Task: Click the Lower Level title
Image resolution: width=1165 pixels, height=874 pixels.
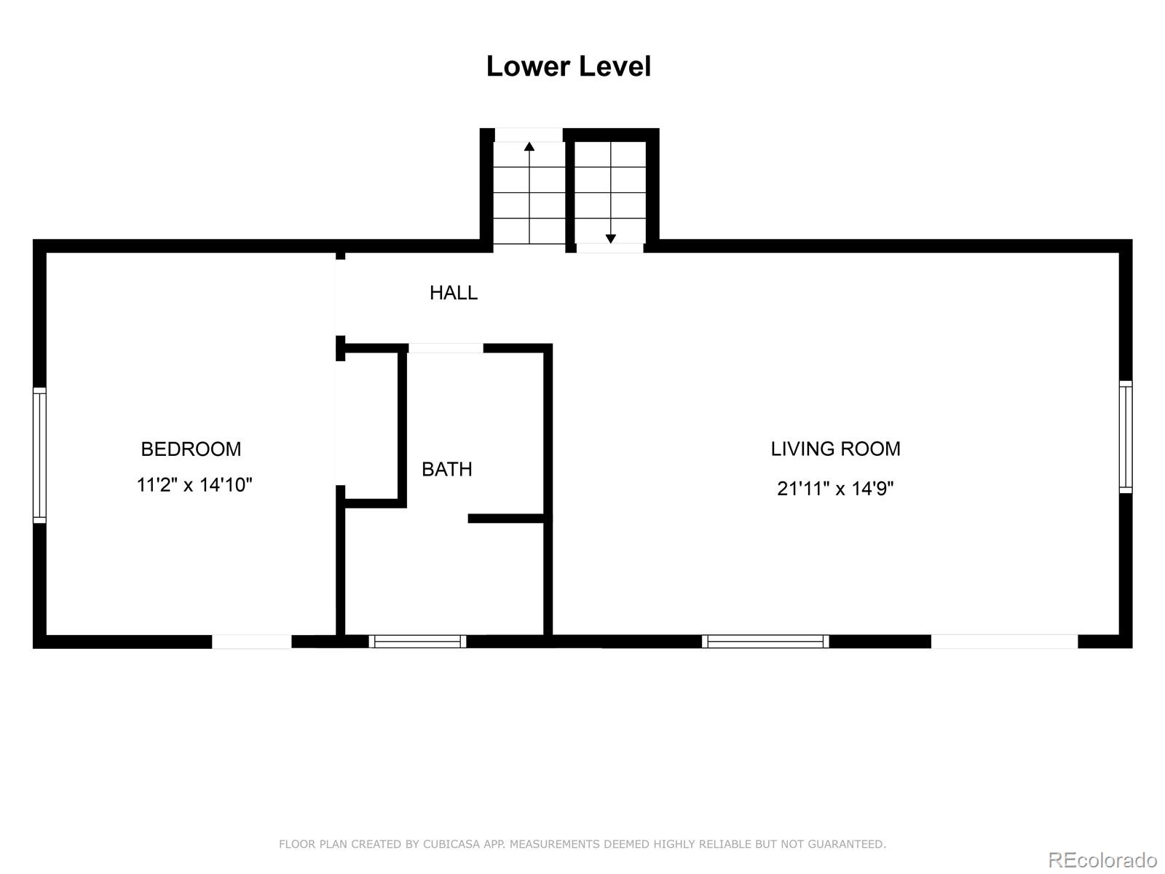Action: pyautogui.click(x=569, y=66)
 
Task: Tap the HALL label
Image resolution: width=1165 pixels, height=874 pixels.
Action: pyautogui.click(x=454, y=292)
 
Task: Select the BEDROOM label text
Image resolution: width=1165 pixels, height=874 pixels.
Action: pyautogui.click(x=191, y=449)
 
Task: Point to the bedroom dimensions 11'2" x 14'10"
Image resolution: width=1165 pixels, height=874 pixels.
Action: pyautogui.click(x=194, y=484)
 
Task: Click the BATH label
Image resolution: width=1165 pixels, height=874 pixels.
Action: pyautogui.click(x=447, y=469)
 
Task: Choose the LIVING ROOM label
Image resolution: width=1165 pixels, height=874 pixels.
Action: pyautogui.click(x=835, y=449)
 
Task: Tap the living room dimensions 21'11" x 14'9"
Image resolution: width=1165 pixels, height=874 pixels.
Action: pyautogui.click(x=835, y=488)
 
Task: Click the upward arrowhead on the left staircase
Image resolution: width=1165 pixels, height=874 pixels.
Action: pyautogui.click(x=529, y=146)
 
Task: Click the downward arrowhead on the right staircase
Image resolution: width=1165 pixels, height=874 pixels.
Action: pyautogui.click(x=611, y=239)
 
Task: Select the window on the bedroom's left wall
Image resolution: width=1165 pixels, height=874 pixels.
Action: pyautogui.click(x=39, y=455)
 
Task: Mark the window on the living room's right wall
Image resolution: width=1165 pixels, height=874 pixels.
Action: pyautogui.click(x=1126, y=437)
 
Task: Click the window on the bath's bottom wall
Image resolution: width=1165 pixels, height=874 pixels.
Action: pyautogui.click(x=418, y=642)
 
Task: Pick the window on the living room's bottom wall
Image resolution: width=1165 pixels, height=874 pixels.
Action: pyautogui.click(x=765, y=642)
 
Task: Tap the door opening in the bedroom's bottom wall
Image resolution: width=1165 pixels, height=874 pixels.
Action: pyautogui.click(x=252, y=642)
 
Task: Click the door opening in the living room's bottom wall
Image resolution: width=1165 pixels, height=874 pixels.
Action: pyautogui.click(x=1004, y=642)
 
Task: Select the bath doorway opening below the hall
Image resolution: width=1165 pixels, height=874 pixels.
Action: pyautogui.click(x=446, y=348)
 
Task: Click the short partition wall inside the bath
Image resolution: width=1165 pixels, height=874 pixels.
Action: pyautogui.click(x=506, y=519)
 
